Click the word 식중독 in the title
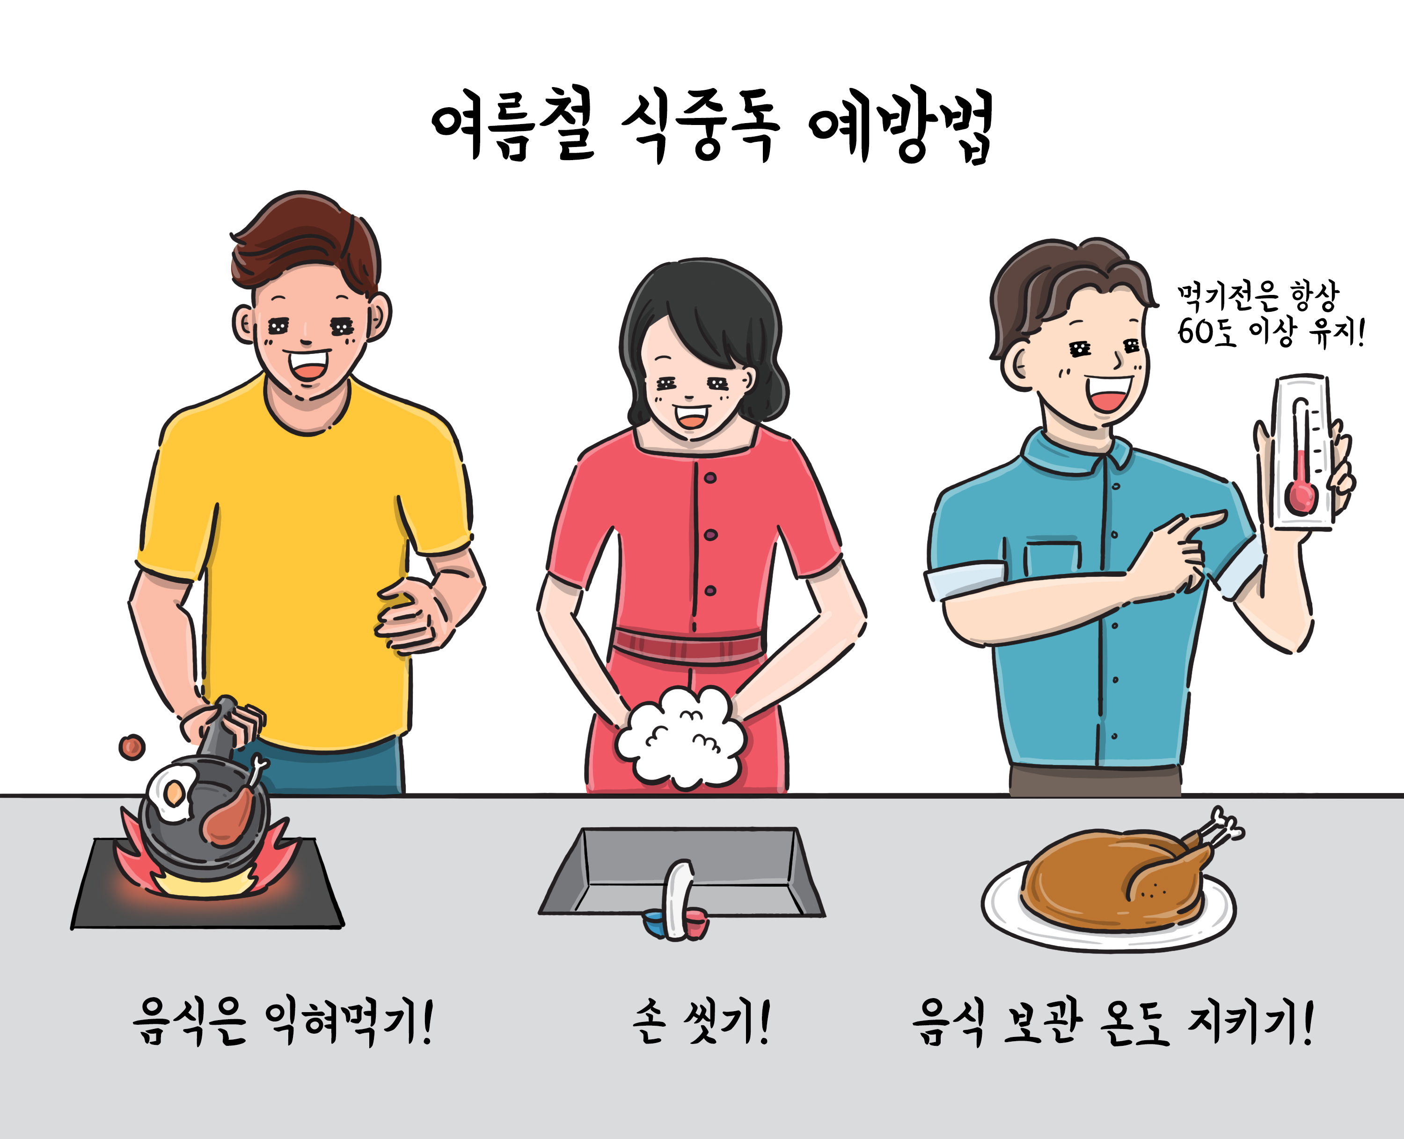(700, 126)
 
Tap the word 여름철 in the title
(513, 125)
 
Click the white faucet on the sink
(679, 899)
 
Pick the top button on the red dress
(710, 478)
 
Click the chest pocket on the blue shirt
(1052, 557)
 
